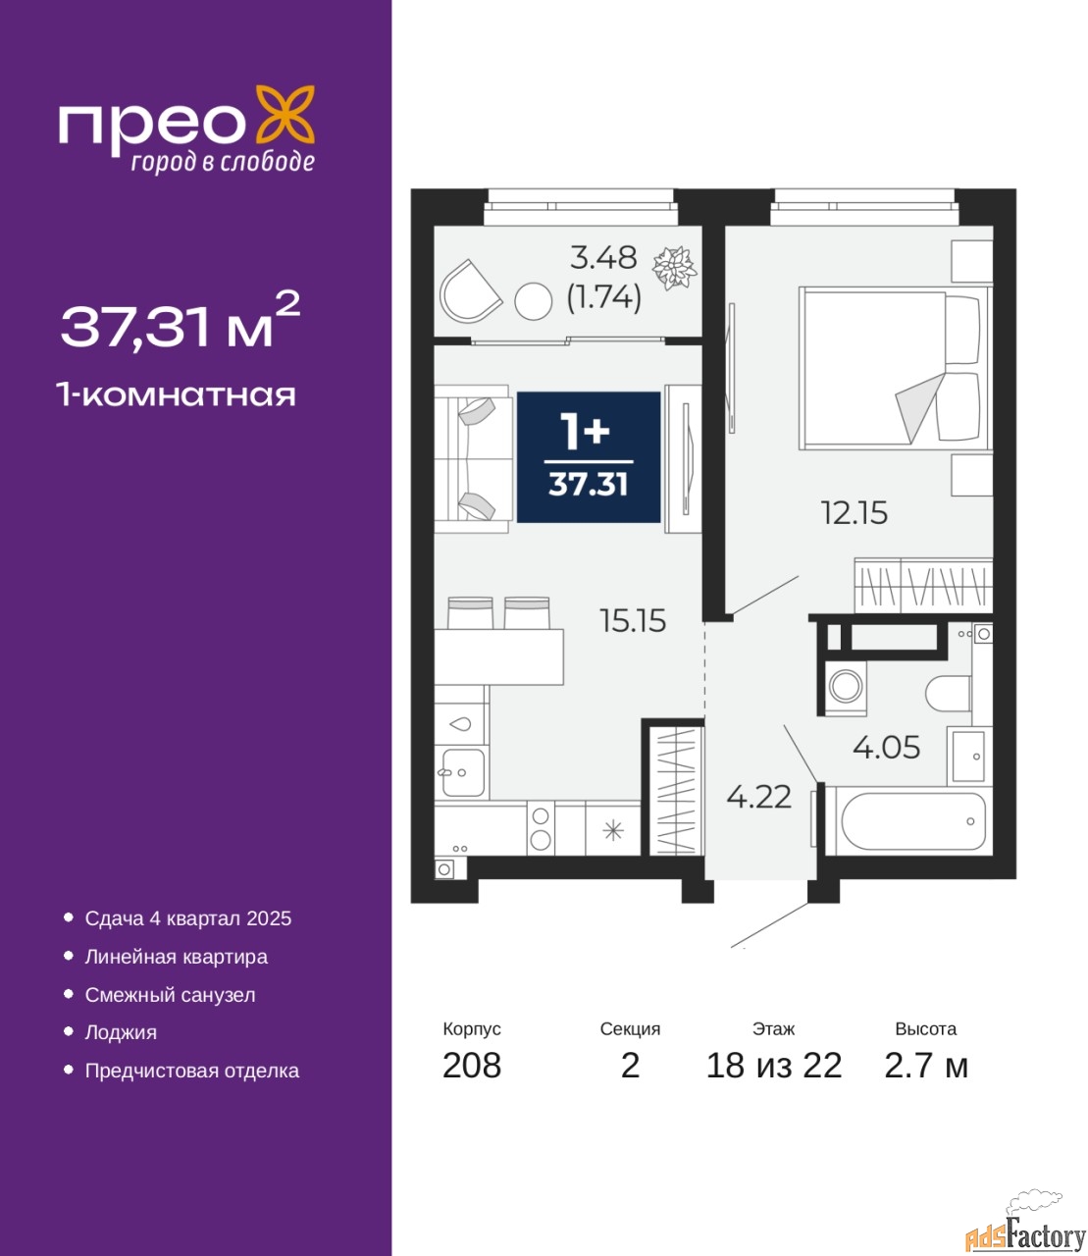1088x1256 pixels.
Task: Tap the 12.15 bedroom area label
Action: point(854,513)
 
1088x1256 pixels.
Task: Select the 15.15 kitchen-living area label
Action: point(633,621)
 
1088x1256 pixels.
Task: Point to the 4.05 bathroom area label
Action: point(886,747)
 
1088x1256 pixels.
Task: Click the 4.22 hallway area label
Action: point(758,797)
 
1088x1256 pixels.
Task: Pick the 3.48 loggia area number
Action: point(603,258)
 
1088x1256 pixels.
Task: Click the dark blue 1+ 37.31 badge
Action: point(588,457)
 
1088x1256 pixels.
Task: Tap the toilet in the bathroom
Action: point(948,693)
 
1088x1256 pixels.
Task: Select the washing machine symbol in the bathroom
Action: point(845,687)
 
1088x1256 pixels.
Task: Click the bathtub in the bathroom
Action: point(913,821)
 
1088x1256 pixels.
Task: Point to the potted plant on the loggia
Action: point(674,268)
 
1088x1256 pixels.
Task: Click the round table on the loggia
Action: point(534,301)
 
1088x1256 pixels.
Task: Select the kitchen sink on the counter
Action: point(463,772)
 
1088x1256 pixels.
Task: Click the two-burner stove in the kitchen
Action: point(541,827)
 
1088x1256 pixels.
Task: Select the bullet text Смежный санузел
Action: point(170,995)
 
